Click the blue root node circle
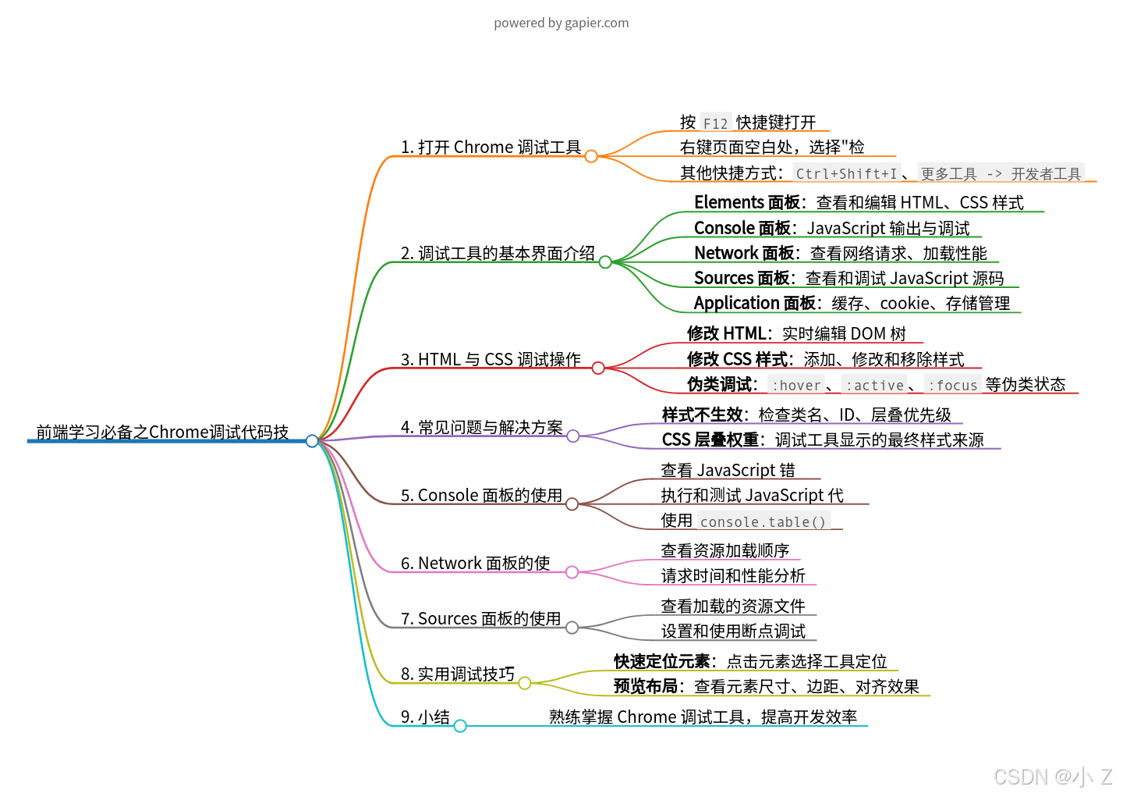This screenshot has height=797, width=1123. point(312,441)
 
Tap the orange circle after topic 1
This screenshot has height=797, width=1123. point(591,156)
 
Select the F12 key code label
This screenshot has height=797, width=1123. point(715,123)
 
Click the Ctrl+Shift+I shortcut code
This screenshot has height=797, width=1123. point(846,173)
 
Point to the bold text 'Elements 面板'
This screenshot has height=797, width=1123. point(746,202)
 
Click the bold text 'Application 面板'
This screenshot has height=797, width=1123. point(754,303)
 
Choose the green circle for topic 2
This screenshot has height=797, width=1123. point(605,262)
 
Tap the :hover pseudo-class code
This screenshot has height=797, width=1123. point(795,385)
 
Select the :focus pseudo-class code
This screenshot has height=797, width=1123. point(952,385)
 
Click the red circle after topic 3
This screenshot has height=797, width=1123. point(598,368)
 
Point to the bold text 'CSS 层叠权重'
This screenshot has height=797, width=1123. point(710,439)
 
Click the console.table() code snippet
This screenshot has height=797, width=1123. point(763,521)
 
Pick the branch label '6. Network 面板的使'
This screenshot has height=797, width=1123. point(475,563)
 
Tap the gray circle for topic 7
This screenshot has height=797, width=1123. point(572,628)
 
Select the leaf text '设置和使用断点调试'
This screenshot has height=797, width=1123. point(733,631)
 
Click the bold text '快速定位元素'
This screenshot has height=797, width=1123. point(661,661)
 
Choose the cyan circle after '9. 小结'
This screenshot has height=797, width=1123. point(460,726)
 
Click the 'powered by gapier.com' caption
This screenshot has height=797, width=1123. point(561,23)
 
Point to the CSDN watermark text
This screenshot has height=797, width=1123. point(1052,777)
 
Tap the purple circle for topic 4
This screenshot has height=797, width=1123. point(573,436)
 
